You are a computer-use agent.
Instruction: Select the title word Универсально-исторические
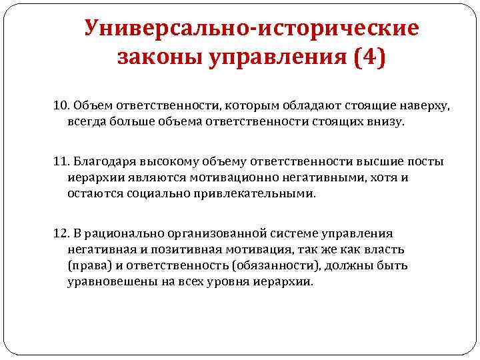coord(251,29)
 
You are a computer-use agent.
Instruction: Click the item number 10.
coord(61,107)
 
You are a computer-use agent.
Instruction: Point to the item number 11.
coord(61,163)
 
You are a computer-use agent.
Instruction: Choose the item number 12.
coord(61,233)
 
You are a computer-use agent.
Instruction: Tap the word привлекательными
coord(267,195)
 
